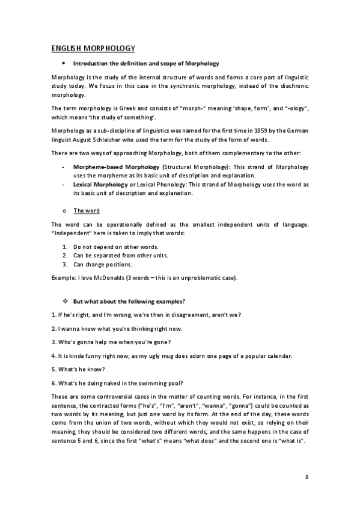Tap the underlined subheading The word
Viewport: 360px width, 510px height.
pos(87,210)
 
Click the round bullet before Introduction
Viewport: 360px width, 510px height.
pos(63,63)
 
